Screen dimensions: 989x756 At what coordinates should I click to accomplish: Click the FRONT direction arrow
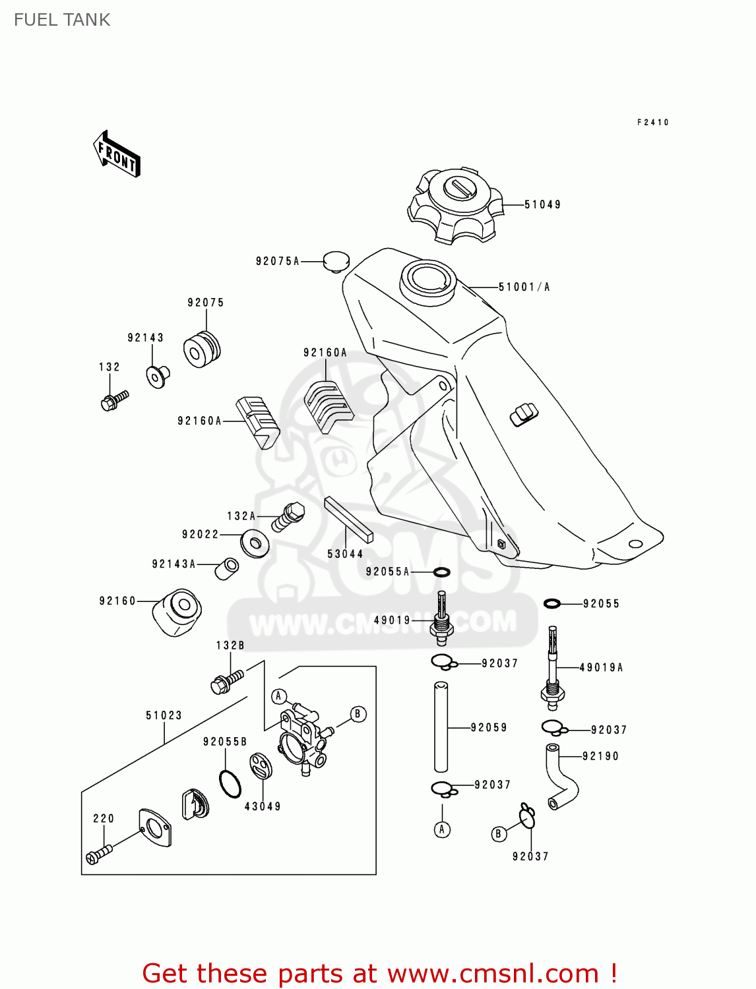pos(117,154)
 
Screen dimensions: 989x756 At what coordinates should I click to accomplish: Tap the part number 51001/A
pos(524,287)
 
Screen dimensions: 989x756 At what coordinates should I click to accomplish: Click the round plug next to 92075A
pos(336,261)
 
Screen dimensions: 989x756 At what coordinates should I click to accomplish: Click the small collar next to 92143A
pos(227,568)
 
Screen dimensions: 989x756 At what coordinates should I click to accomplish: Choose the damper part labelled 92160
pos(177,613)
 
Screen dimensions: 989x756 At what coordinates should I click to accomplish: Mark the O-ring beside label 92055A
pos(441,572)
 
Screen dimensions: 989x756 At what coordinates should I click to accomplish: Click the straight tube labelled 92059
pos(441,727)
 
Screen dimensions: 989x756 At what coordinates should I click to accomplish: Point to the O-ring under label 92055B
pos(230,783)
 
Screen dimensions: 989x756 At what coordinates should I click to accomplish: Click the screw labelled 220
pos(98,854)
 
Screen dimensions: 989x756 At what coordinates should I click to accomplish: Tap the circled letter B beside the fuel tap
pos(358,714)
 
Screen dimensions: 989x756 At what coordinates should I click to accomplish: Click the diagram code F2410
pos(652,123)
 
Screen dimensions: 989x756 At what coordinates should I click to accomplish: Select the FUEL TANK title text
pos(62,20)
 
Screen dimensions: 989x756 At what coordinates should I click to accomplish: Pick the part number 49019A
pos(601,667)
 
